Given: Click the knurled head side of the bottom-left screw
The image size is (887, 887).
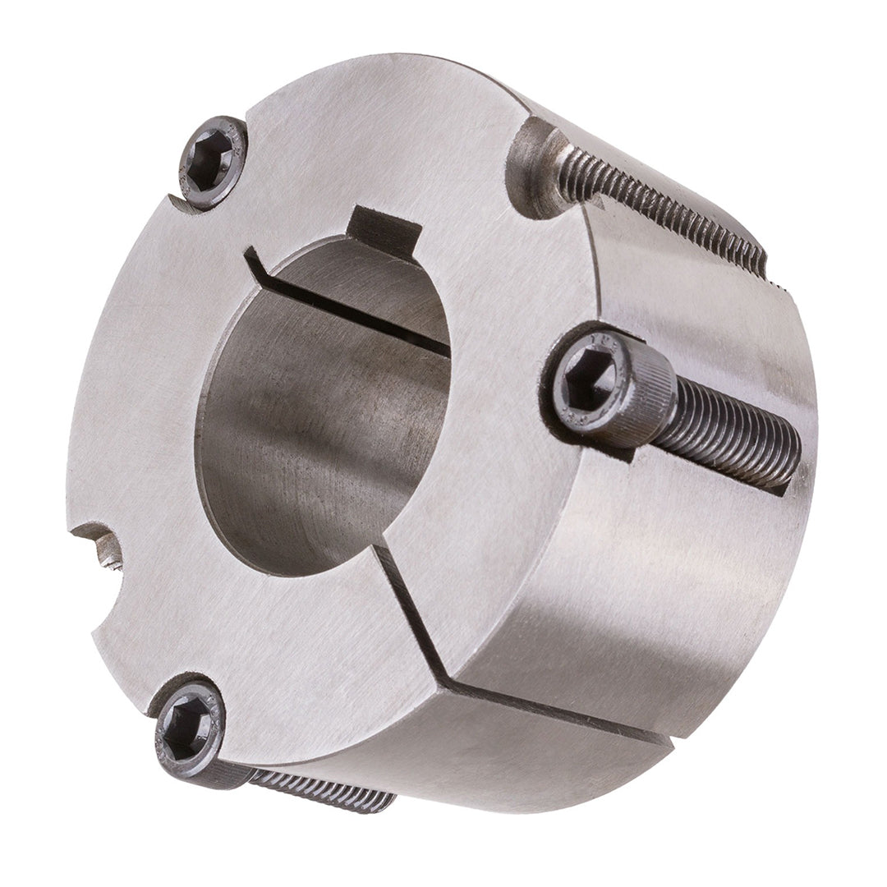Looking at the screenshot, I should point(226,768).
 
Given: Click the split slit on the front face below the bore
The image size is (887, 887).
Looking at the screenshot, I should point(415,608).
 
